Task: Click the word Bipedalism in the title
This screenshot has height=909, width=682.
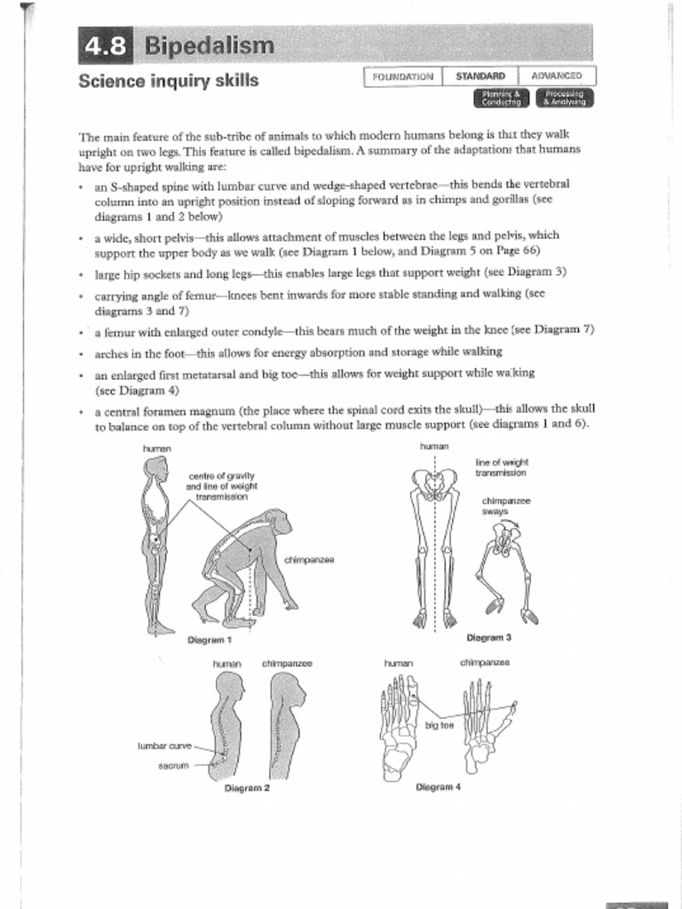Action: (x=210, y=46)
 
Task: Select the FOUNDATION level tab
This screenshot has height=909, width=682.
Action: (x=403, y=76)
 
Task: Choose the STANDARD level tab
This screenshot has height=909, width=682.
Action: (x=480, y=76)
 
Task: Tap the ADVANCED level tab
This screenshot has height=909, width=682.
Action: (x=557, y=76)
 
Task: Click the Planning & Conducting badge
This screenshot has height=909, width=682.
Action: (x=500, y=98)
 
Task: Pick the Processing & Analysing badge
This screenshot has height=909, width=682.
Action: (x=566, y=98)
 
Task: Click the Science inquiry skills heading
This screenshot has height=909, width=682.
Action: (x=169, y=82)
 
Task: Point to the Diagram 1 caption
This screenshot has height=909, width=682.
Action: (x=210, y=639)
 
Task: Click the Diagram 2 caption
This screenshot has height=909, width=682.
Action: (x=247, y=787)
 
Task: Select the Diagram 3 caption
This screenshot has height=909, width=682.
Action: (x=488, y=637)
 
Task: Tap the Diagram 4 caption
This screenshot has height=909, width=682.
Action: (x=438, y=786)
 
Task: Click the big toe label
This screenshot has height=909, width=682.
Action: (x=439, y=725)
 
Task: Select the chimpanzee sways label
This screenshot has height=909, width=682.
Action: (x=506, y=506)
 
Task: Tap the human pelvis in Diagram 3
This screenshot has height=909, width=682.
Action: (x=434, y=485)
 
